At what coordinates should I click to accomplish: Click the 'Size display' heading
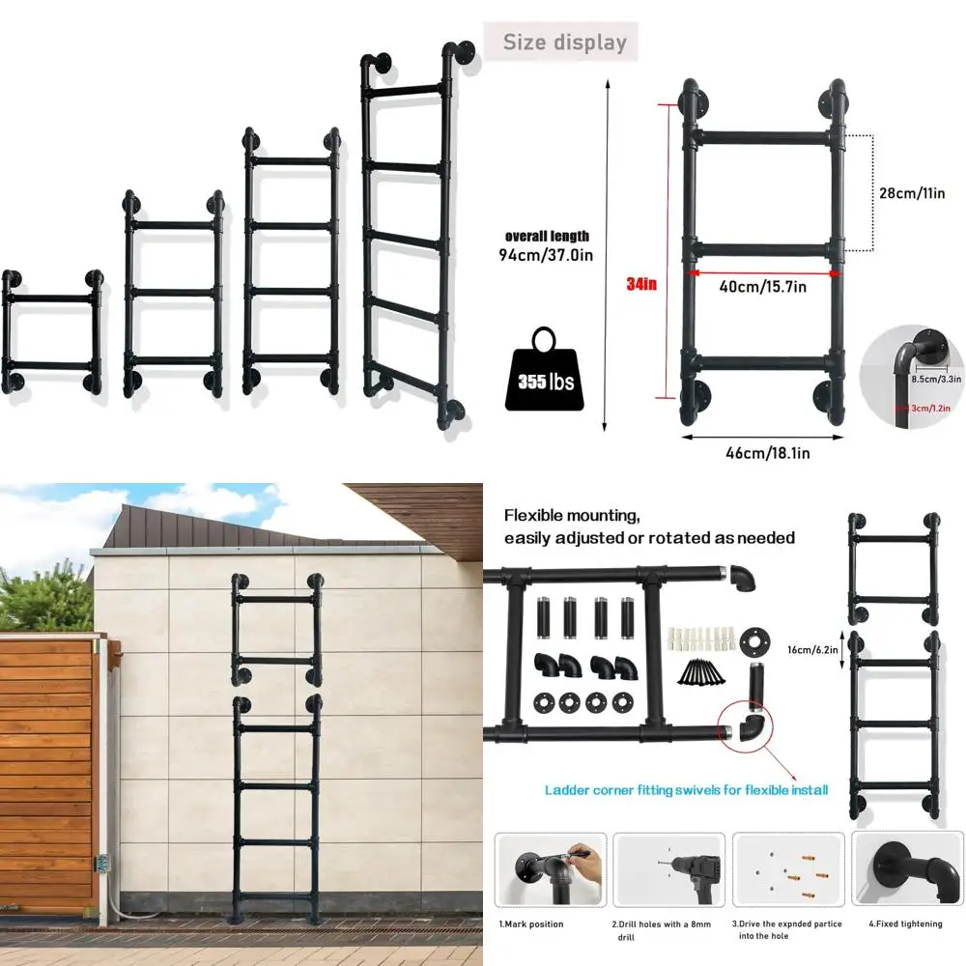tap(565, 43)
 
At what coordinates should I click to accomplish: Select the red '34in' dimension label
tap(640, 284)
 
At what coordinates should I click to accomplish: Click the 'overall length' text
tap(547, 236)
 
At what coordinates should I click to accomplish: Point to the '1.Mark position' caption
tap(530, 924)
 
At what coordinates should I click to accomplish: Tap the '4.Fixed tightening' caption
tap(905, 924)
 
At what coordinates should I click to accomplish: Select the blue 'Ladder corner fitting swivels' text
tap(687, 790)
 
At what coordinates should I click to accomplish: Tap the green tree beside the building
tap(43, 599)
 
